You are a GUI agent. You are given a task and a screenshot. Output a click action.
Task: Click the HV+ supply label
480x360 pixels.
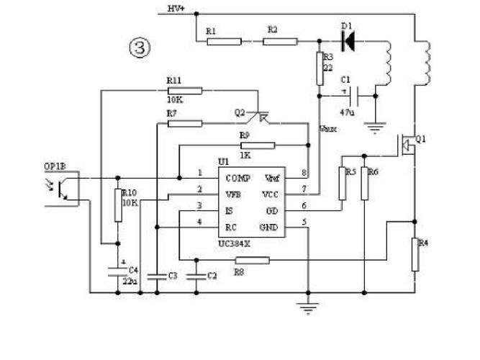(x=176, y=9)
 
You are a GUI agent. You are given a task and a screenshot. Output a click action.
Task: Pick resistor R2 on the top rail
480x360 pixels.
(x=279, y=41)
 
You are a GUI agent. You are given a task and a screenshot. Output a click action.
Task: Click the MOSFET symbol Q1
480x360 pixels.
(x=407, y=145)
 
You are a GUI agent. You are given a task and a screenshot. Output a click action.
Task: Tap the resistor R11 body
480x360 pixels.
(x=184, y=90)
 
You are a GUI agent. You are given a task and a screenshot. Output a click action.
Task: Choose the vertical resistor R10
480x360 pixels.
(x=119, y=204)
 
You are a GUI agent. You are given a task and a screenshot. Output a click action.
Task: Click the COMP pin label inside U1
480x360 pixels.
(x=237, y=177)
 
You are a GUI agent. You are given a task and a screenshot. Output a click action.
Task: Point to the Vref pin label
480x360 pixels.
(x=272, y=177)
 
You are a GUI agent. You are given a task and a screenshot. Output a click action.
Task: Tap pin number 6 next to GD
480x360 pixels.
(x=304, y=206)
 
